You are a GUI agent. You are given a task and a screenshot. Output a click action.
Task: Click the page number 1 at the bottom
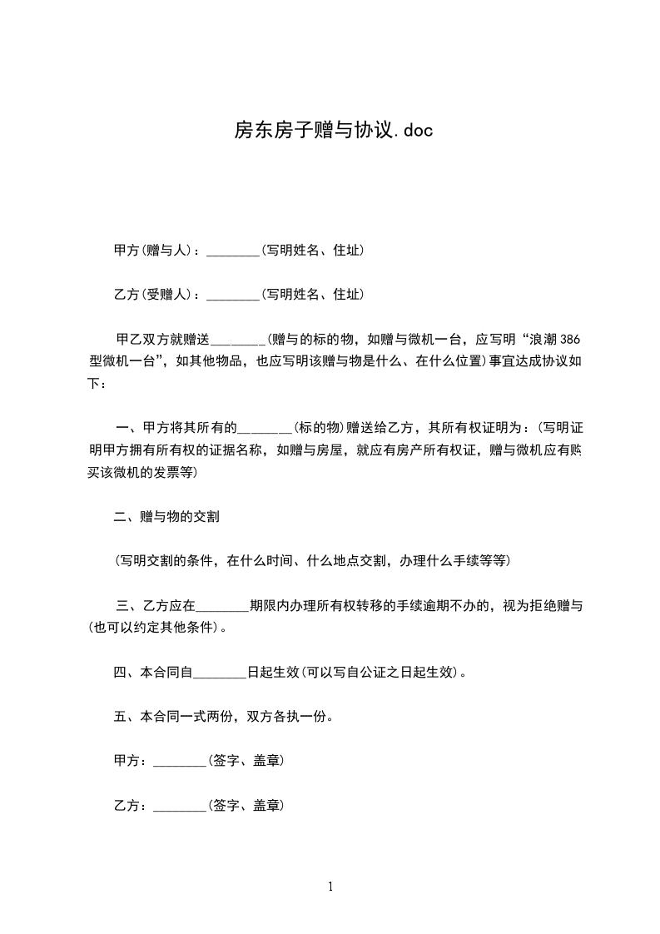coord(330,887)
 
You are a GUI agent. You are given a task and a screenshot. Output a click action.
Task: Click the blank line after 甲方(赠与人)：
coord(233,251)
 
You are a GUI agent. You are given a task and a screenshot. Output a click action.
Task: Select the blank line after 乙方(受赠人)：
coord(233,295)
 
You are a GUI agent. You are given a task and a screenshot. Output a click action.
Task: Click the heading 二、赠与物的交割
coord(166,517)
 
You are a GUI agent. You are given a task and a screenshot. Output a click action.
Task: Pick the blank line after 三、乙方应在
coord(223,606)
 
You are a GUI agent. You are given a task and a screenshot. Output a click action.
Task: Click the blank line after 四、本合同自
coord(221,672)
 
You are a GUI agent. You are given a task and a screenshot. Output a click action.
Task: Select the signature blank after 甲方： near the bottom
coord(180,762)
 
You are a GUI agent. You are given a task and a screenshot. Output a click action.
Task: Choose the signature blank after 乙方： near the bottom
coord(180,806)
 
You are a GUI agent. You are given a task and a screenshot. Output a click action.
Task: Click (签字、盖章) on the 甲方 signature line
coord(246,762)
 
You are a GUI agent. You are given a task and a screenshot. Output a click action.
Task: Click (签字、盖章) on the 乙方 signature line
coord(246,806)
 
